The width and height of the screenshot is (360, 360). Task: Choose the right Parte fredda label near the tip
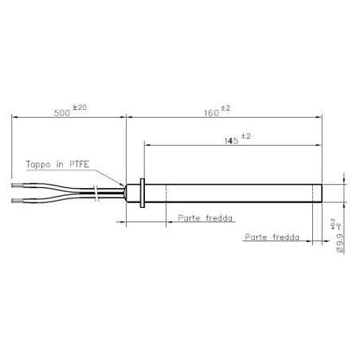click(272, 237)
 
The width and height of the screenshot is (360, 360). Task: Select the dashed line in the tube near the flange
click(165, 194)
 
